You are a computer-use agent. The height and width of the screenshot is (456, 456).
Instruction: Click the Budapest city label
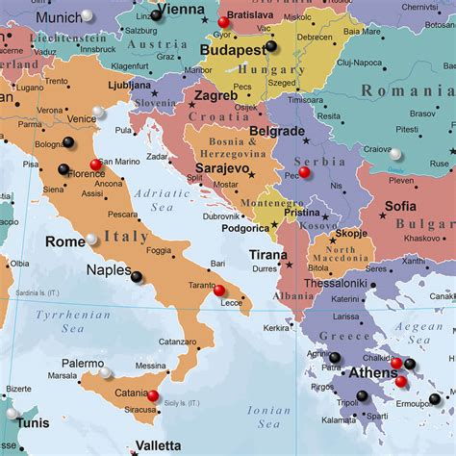232,49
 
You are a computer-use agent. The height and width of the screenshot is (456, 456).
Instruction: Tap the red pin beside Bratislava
224,21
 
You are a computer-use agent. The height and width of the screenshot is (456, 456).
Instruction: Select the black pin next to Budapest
271,45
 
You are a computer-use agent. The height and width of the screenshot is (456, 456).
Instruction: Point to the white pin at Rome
92,240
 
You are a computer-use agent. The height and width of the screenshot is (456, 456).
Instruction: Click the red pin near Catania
153,395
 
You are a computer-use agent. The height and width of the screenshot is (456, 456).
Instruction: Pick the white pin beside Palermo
105,372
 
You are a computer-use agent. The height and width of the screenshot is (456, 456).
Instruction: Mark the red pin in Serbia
304,172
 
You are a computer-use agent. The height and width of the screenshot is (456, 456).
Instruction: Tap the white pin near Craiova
395,153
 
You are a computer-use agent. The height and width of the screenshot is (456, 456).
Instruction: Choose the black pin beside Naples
137,277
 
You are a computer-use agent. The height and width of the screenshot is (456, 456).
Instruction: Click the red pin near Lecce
219,291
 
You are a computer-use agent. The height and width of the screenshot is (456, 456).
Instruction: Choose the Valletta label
158,446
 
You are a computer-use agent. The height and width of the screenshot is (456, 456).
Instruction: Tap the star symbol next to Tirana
288,265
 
